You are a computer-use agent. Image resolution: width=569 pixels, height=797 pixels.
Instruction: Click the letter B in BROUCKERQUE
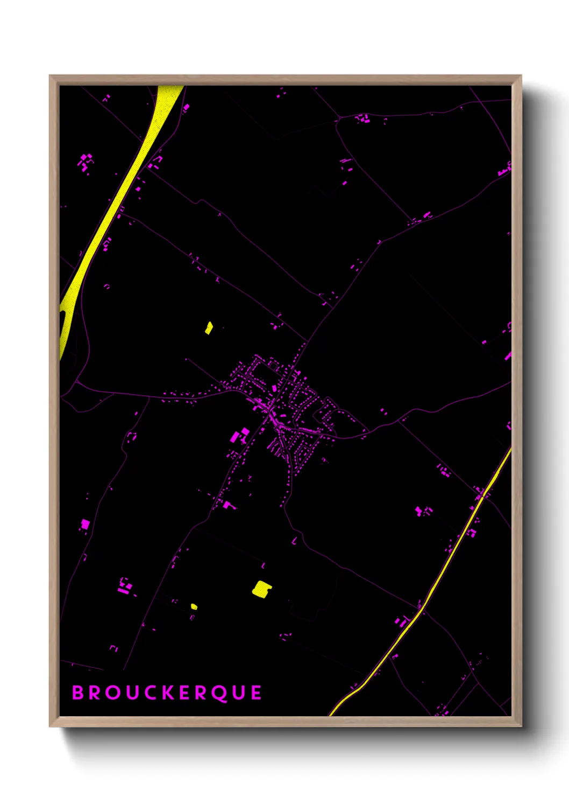pyautogui.click(x=79, y=693)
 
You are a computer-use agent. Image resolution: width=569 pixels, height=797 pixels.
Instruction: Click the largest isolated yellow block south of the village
pyautogui.click(x=261, y=589)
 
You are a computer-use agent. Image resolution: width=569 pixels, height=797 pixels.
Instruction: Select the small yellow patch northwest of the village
pyautogui.click(x=209, y=327)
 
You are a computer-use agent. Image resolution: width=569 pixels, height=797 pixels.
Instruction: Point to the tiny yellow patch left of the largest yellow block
pyautogui.click(x=194, y=607)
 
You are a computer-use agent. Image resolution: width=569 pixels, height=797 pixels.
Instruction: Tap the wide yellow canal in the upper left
pyautogui.click(x=124, y=188)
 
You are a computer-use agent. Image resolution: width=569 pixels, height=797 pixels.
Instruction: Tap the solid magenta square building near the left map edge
pyautogui.click(x=84, y=523)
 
